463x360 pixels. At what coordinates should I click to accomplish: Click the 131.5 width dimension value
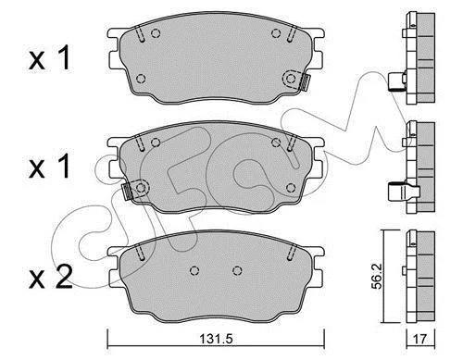[216, 339]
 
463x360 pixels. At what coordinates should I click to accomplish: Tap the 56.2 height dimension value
[377, 276]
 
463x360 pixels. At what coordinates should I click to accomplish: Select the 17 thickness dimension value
[419, 340]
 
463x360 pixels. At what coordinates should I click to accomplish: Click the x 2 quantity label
[51, 277]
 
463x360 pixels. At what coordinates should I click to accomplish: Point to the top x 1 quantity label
[50, 57]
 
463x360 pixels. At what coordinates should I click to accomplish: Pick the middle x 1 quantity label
[50, 167]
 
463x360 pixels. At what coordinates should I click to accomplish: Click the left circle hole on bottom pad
[194, 270]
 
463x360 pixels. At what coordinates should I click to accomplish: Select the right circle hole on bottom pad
[237, 270]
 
